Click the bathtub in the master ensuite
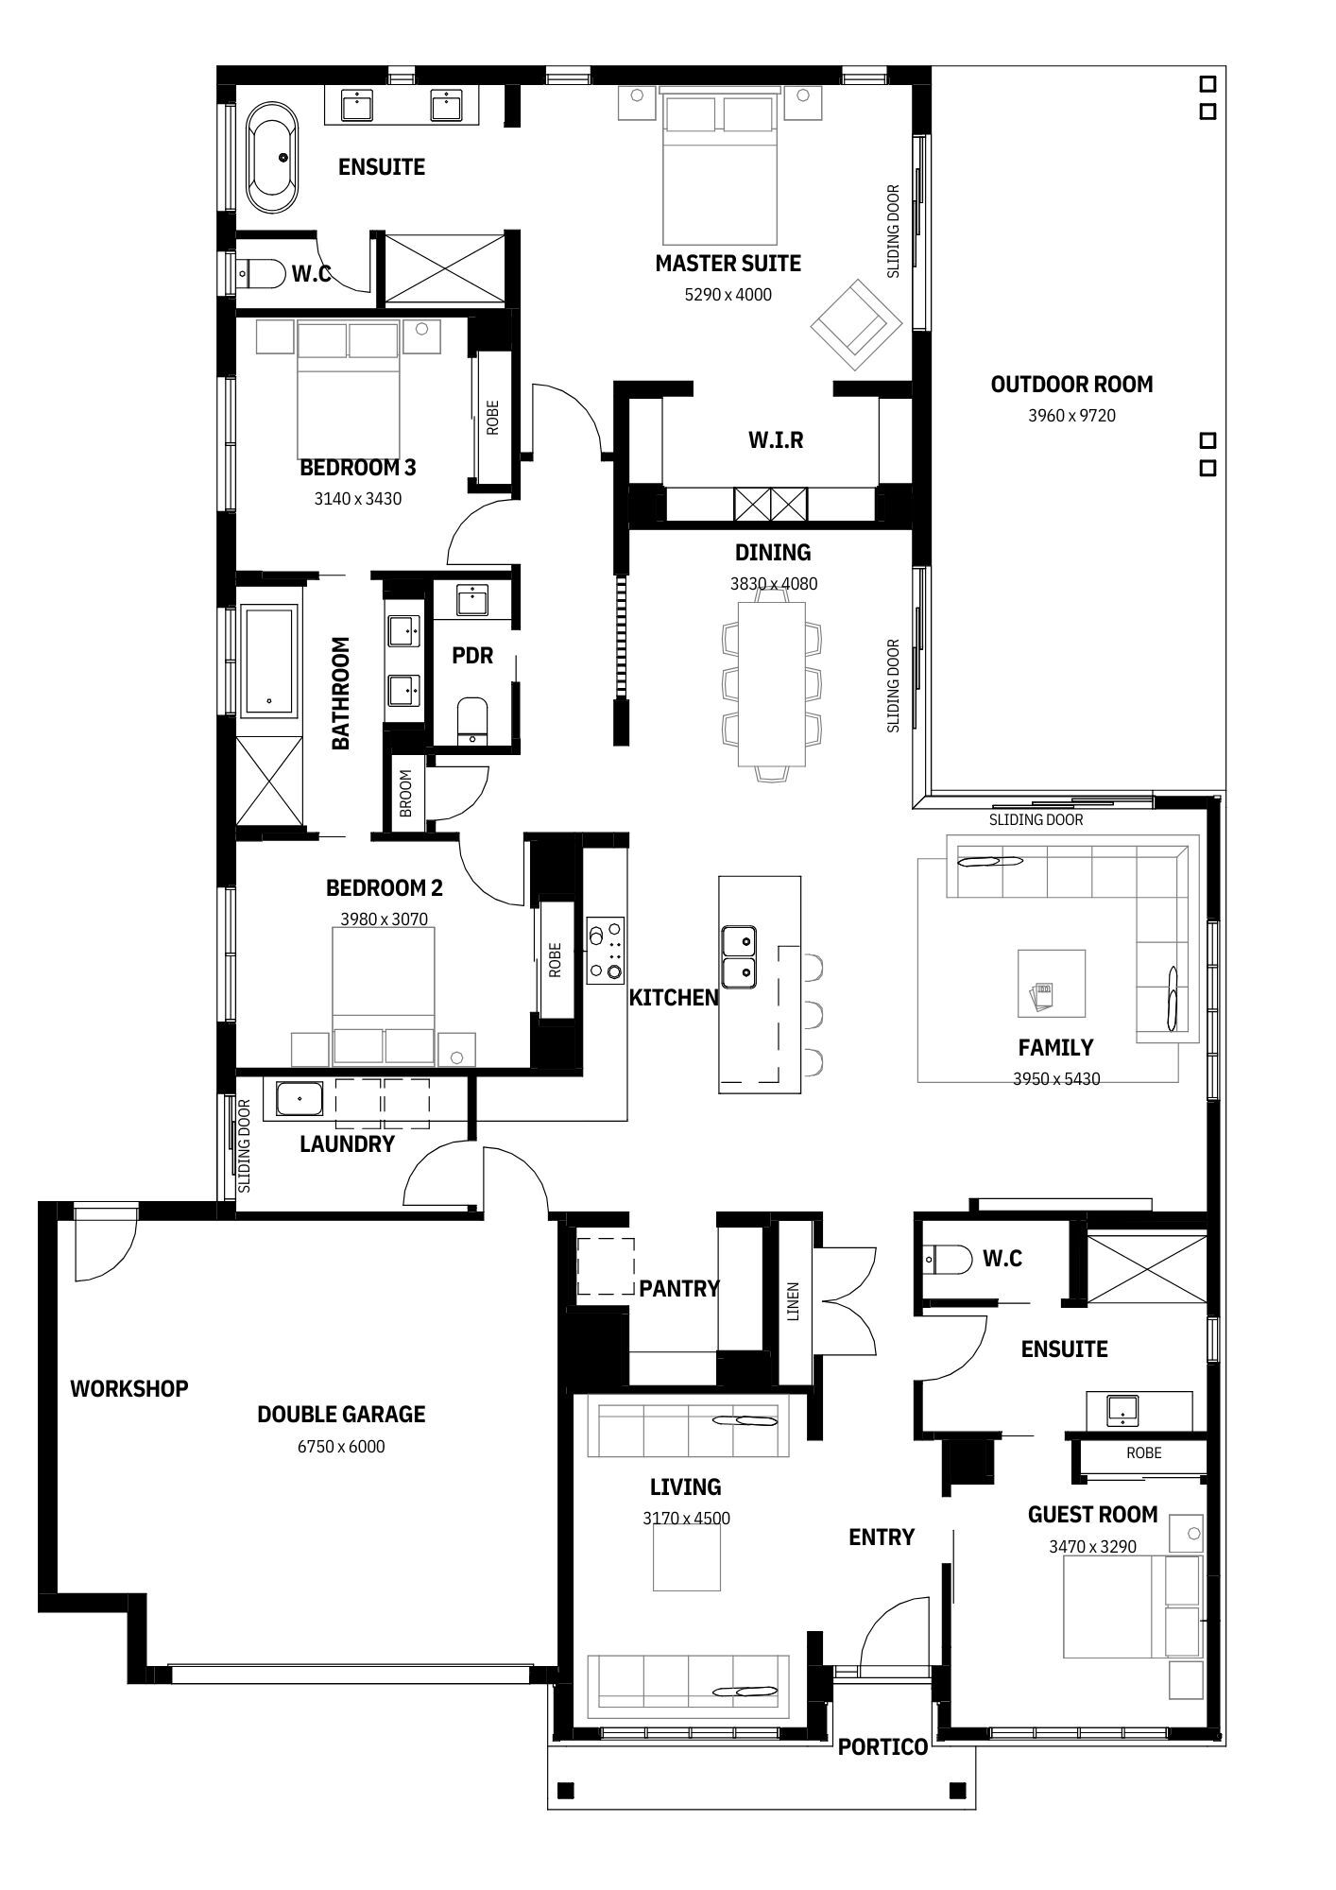[x=272, y=158]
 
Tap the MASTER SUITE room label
[x=728, y=264]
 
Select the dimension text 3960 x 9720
[x=1071, y=415]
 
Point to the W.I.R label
[x=776, y=439]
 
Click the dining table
[x=772, y=685]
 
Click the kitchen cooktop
[x=605, y=950]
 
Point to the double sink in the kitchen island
[x=738, y=956]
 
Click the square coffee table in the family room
[x=1051, y=983]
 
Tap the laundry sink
[x=300, y=1100]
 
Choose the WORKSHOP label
[x=129, y=1388]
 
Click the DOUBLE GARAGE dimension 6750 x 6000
[x=341, y=1446]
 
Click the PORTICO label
[x=882, y=1747]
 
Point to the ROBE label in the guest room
[x=1143, y=1452]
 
